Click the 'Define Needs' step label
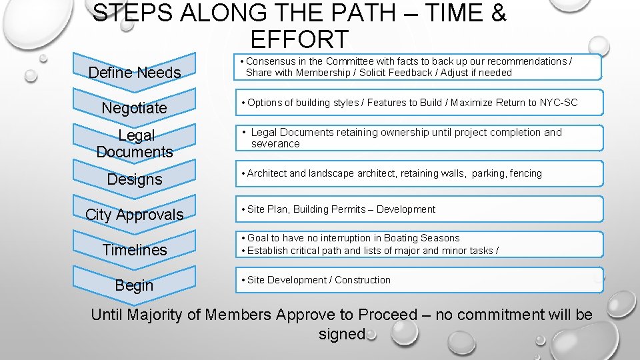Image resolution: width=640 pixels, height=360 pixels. tap(135, 73)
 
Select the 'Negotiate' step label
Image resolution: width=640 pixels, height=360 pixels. tap(135, 108)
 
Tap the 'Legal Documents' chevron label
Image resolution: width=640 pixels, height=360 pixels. tap(135, 143)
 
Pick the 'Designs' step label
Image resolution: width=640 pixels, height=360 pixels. tap(135, 179)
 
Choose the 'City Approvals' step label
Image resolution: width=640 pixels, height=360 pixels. tap(135, 215)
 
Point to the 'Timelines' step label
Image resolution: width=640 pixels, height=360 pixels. tap(135, 250)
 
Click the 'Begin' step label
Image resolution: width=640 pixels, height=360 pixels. tap(135, 285)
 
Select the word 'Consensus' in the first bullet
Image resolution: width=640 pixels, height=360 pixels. tap(269, 61)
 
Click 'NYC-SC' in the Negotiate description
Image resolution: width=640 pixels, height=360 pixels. tap(559, 103)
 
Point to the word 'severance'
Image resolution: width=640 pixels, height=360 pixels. tap(275, 144)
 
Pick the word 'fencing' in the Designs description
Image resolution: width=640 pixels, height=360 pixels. tap(526, 173)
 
